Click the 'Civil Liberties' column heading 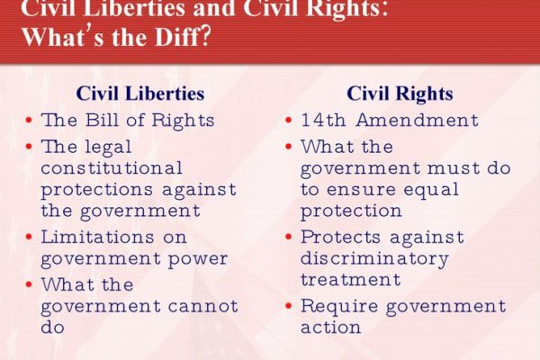140,94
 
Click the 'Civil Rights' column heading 400,94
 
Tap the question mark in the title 204,37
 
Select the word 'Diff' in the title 176,37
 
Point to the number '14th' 323,120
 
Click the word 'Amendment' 418,120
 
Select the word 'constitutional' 112,167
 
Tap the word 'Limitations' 97,237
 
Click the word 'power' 198,259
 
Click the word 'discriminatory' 374,259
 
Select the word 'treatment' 351,279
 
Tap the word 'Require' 339,307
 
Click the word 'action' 330,328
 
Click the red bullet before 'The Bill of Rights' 29,121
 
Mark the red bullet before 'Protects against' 289,237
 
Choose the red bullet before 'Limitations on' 29,237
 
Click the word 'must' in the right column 454,168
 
